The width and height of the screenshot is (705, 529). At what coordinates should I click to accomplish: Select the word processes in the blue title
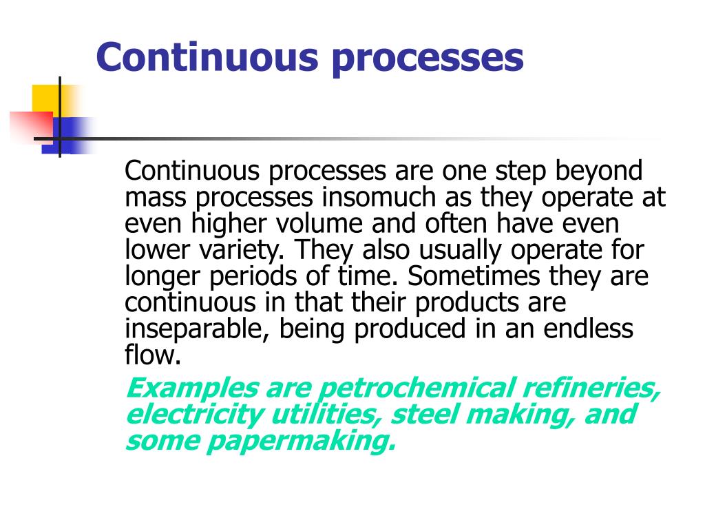pos(428,59)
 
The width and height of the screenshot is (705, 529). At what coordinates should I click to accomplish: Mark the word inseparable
pos(199,329)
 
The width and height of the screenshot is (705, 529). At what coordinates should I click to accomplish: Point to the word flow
pos(152,355)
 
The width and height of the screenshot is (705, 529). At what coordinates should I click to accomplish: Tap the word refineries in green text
pos(592,388)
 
